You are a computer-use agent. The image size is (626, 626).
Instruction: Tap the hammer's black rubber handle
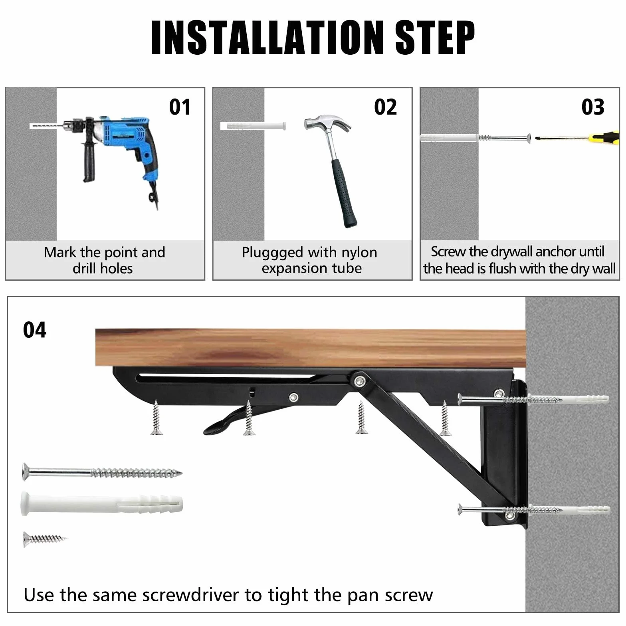tap(345, 194)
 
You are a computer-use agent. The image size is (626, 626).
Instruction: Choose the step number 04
tap(35, 330)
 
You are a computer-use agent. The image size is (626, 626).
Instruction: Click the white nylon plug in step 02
tap(254, 126)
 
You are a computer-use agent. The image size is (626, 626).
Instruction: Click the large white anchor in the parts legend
tap(102, 504)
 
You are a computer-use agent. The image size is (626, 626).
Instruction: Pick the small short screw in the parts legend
tap(45, 539)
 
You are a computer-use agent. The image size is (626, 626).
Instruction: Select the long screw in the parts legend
tap(102, 473)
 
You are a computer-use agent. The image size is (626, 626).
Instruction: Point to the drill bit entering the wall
tap(46, 126)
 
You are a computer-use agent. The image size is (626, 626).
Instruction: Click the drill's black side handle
tap(89, 158)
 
